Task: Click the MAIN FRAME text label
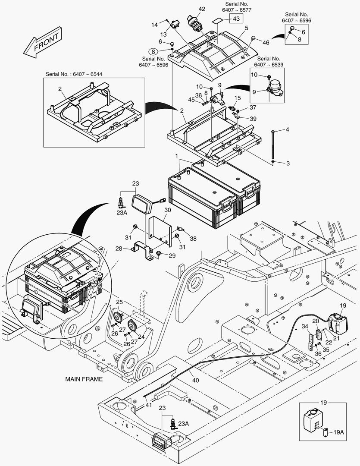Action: click(x=84, y=379)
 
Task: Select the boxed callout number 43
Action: click(x=236, y=19)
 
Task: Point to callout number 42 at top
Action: click(x=202, y=9)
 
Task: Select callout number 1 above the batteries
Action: click(x=176, y=155)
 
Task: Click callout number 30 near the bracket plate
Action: click(x=167, y=210)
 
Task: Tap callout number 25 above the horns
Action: click(x=119, y=302)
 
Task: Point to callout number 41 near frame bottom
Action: click(x=148, y=405)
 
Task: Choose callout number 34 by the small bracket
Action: click(x=304, y=326)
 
